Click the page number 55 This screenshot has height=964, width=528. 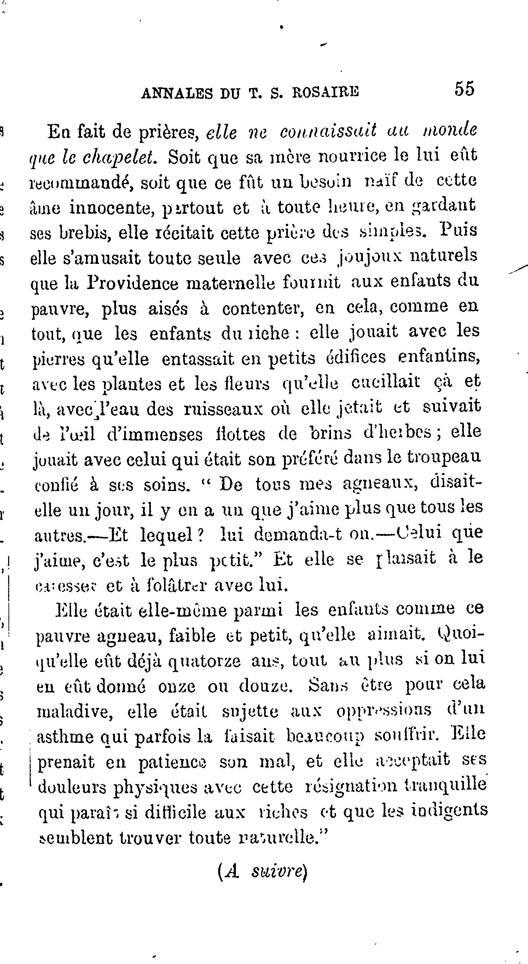[x=464, y=89]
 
